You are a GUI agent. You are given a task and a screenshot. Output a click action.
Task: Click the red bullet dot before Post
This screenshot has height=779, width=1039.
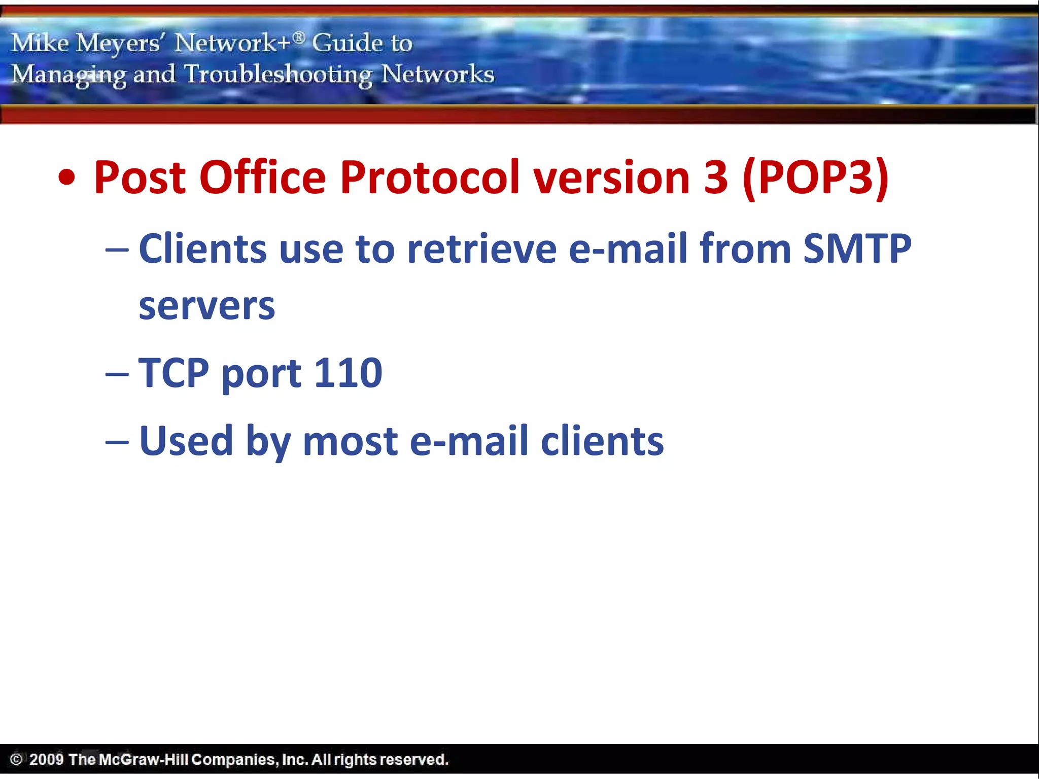(66, 179)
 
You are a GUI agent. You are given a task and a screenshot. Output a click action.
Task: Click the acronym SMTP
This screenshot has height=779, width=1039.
(857, 249)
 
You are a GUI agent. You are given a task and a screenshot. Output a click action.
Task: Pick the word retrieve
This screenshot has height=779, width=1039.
(481, 249)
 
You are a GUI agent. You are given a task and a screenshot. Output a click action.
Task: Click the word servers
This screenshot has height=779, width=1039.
(207, 306)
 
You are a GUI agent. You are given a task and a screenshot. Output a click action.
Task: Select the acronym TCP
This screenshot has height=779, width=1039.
(174, 373)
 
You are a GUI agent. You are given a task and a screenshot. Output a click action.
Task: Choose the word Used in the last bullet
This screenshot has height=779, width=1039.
(186, 441)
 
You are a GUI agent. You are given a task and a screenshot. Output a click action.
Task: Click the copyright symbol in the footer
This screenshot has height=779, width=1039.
(16, 759)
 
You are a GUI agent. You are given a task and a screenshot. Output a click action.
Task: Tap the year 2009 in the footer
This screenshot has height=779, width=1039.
(46, 759)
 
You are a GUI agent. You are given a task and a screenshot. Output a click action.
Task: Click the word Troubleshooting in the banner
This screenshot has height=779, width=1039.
(278, 75)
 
